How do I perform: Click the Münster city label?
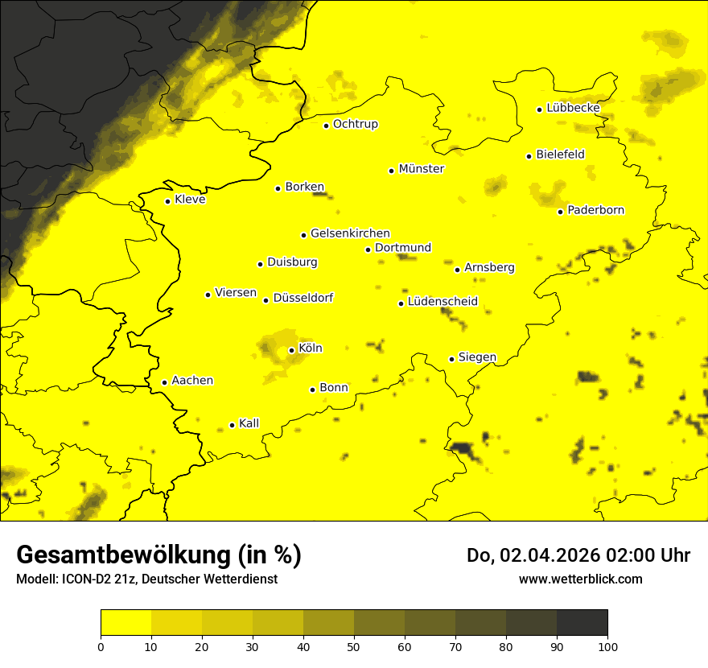point(421,169)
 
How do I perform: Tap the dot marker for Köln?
point(291,350)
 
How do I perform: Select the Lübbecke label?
point(573,108)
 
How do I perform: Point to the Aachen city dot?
point(164,382)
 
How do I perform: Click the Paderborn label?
point(595,210)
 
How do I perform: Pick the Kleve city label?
point(190,200)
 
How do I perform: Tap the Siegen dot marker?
point(452,359)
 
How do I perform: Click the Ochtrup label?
point(355,124)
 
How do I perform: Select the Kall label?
point(249,423)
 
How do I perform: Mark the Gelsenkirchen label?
point(350,233)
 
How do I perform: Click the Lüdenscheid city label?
point(442,302)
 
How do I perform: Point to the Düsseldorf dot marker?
point(265,300)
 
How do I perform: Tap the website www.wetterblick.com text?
point(580,579)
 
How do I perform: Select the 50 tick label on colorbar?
point(354,645)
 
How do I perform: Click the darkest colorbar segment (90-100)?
point(582,623)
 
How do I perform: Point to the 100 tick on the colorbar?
point(607,645)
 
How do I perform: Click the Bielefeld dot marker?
point(529,156)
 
